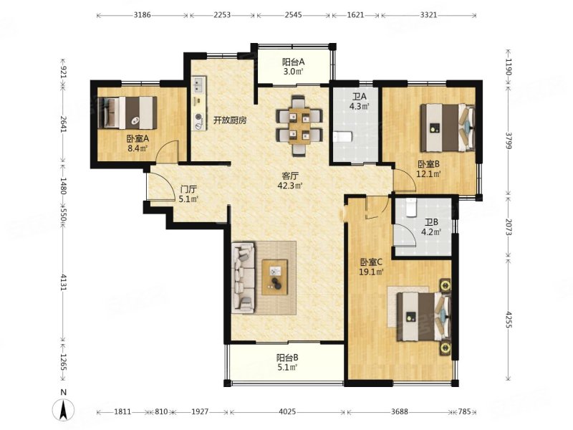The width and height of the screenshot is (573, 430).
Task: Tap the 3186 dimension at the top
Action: [142, 15]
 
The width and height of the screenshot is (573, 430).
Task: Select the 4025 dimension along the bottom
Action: [287, 411]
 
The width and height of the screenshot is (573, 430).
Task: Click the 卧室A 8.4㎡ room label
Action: [138, 143]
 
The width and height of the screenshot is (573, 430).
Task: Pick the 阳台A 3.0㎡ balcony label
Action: [294, 67]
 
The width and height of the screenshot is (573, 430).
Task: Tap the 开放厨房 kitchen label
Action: [230, 120]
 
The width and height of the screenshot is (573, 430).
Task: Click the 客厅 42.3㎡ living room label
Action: [290, 181]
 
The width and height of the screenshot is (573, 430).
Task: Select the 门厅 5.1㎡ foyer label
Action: [188, 194]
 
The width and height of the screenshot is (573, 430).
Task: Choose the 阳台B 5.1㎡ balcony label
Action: [287, 363]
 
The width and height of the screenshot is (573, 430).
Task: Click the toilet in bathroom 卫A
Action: [342, 137]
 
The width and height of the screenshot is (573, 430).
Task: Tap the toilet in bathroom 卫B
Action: [411, 207]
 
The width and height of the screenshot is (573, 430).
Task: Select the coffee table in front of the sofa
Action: [275, 277]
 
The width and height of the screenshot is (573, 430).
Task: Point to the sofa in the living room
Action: [244, 278]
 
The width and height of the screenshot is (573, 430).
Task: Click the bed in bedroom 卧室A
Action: [127, 113]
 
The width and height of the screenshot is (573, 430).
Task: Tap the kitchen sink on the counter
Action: [199, 85]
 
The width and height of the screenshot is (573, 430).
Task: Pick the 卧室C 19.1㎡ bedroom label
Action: [372, 267]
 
